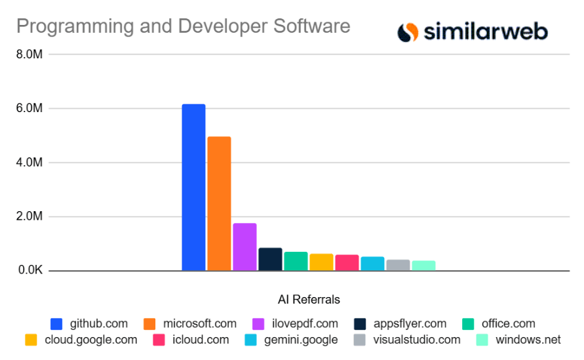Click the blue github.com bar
coord(193,187)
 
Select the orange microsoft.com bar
coord(219,203)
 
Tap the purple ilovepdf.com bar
coord(244,247)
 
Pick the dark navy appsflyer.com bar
coord(270,259)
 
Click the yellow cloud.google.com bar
coord(321,262)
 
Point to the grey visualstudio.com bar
coord(398,265)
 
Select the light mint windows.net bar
coord(423,266)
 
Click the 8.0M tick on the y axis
coord(29,54)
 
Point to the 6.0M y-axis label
coord(29,108)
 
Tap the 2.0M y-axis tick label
coord(29,216)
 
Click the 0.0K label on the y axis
coord(29,271)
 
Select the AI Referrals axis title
coord(309,300)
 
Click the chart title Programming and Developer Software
coord(183,27)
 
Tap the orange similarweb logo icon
coord(408,31)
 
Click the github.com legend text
coord(98,323)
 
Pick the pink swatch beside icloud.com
coord(158,340)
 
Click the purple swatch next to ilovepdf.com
coord(258,323)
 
